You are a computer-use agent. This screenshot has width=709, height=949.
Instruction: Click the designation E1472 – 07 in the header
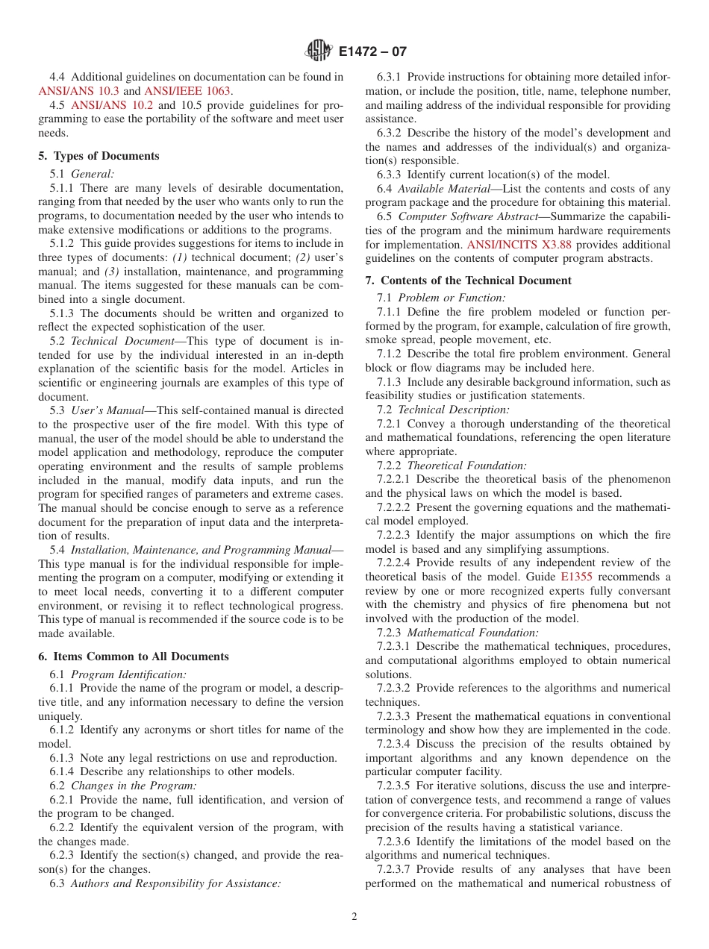[x=372, y=52]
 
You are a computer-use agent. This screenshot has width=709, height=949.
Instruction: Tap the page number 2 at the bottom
[x=354, y=917]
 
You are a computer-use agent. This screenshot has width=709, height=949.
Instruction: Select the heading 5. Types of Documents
[x=99, y=156]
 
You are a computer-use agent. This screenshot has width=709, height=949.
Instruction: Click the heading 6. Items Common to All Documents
[x=134, y=657]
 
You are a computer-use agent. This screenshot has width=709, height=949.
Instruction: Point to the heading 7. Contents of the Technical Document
[x=468, y=281]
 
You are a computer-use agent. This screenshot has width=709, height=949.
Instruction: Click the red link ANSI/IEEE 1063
[x=187, y=91]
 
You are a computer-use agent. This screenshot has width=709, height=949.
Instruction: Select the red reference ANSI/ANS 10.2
[x=112, y=105]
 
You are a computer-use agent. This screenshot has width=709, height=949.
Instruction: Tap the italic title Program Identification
[x=128, y=674]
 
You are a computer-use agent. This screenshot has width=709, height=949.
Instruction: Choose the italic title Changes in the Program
[x=134, y=786]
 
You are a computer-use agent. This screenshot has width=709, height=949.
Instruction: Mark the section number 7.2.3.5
[x=396, y=786]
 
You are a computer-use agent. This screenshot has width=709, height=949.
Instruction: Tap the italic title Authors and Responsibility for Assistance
[x=175, y=883]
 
